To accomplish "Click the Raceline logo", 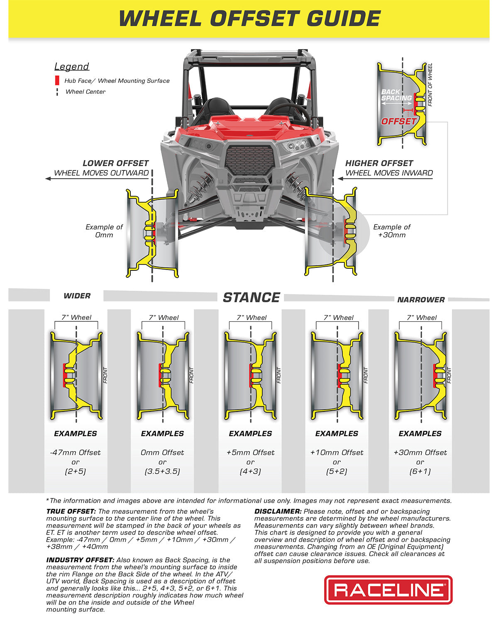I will pyautogui.click(x=388, y=590).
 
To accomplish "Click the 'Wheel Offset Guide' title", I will pyautogui.click(x=249, y=19).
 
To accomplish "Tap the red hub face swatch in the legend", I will pyautogui.click(x=57, y=81).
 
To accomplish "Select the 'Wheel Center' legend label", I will pyautogui.click(x=85, y=92).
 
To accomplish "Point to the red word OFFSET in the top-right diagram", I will pyautogui.click(x=398, y=121).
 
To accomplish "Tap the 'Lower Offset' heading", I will pyautogui.click(x=115, y=163).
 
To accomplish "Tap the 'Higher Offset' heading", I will pyautogui.click(x=379, y=163).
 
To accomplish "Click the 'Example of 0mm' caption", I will pyautogui.click(x=104, y=231).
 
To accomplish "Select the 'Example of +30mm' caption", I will pyautogui.click(x=391, y=231).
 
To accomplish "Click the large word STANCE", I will pyautogui.click(x=251, y=297).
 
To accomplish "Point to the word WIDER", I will pyautogui.click(x=77, y=296).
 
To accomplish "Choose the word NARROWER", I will pyautogui.click(x=421, y=300).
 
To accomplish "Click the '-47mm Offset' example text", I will pyautogui.click(x=75, y=452).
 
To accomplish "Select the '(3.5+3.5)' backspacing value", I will pyautogui.click(x=162, y=471).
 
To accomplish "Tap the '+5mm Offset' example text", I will pyautogui.click(x=250, y=452).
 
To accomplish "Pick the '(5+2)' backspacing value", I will pyautogui.click(x=337, y=471).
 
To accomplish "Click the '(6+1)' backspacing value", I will pyautogui.click(x=420, y=471).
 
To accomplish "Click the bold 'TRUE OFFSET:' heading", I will pyautogui.click(x=71, y=512).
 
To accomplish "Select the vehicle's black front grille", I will pyautogui.click(x=250, y=160).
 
